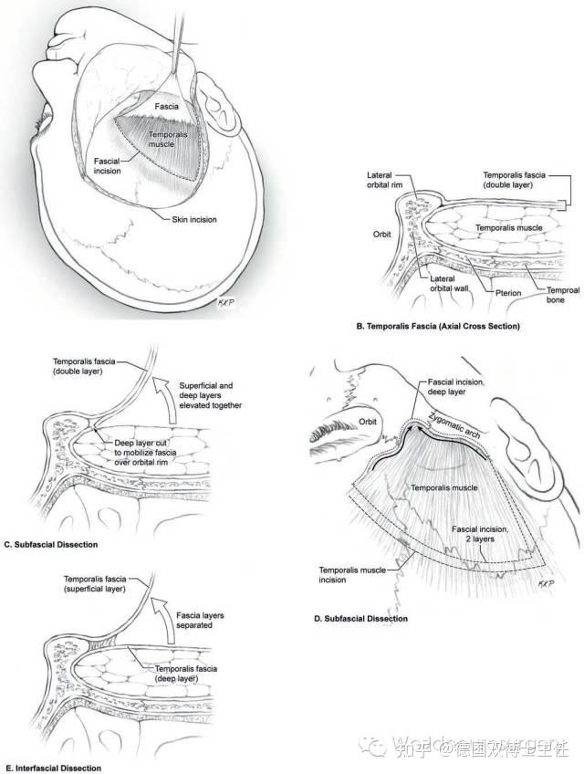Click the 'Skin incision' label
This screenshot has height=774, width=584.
198,219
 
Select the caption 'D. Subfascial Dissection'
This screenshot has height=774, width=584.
360,619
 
